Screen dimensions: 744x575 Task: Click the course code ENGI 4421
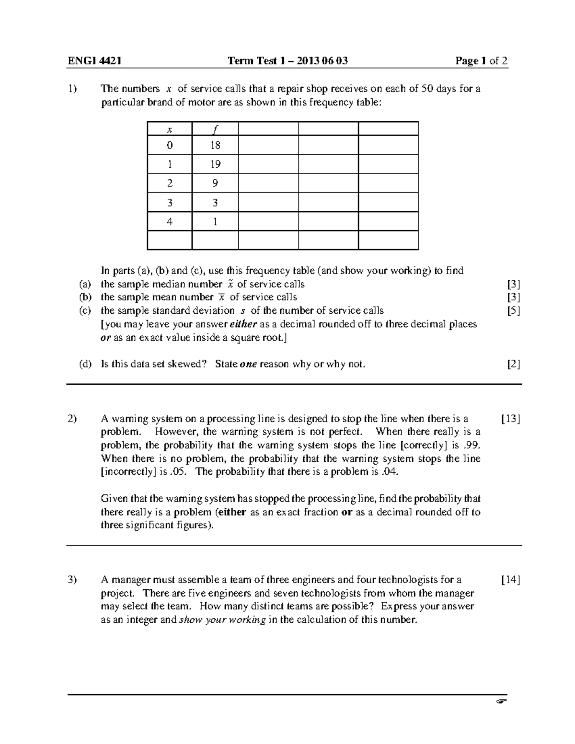(x=94, y=61)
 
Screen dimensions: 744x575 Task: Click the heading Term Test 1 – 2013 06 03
(x=287, y=61)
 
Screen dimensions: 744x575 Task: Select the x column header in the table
(x=169, y=129)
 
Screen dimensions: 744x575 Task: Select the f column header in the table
(x=215, y=129)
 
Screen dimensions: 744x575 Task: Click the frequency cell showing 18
(x=215, y=145)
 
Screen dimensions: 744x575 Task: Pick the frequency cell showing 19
(x=215, y=164)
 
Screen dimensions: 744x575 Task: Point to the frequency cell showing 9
(x=215, y=183)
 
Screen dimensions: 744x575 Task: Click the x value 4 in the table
(x=169, y=222)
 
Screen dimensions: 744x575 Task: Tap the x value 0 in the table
(x=169, y=145)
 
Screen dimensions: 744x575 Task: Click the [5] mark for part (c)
(x=513, y=310)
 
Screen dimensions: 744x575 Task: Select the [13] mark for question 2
(x=510, y=419)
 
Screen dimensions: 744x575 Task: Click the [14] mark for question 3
(x=510, y=580)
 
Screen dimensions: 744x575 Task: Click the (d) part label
(x=85, y=364)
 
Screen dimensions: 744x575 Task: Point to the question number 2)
(x=72, y=419)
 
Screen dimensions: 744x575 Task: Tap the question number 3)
(x=72, y=580)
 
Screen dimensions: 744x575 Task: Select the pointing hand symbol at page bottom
(x=501, y=702)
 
